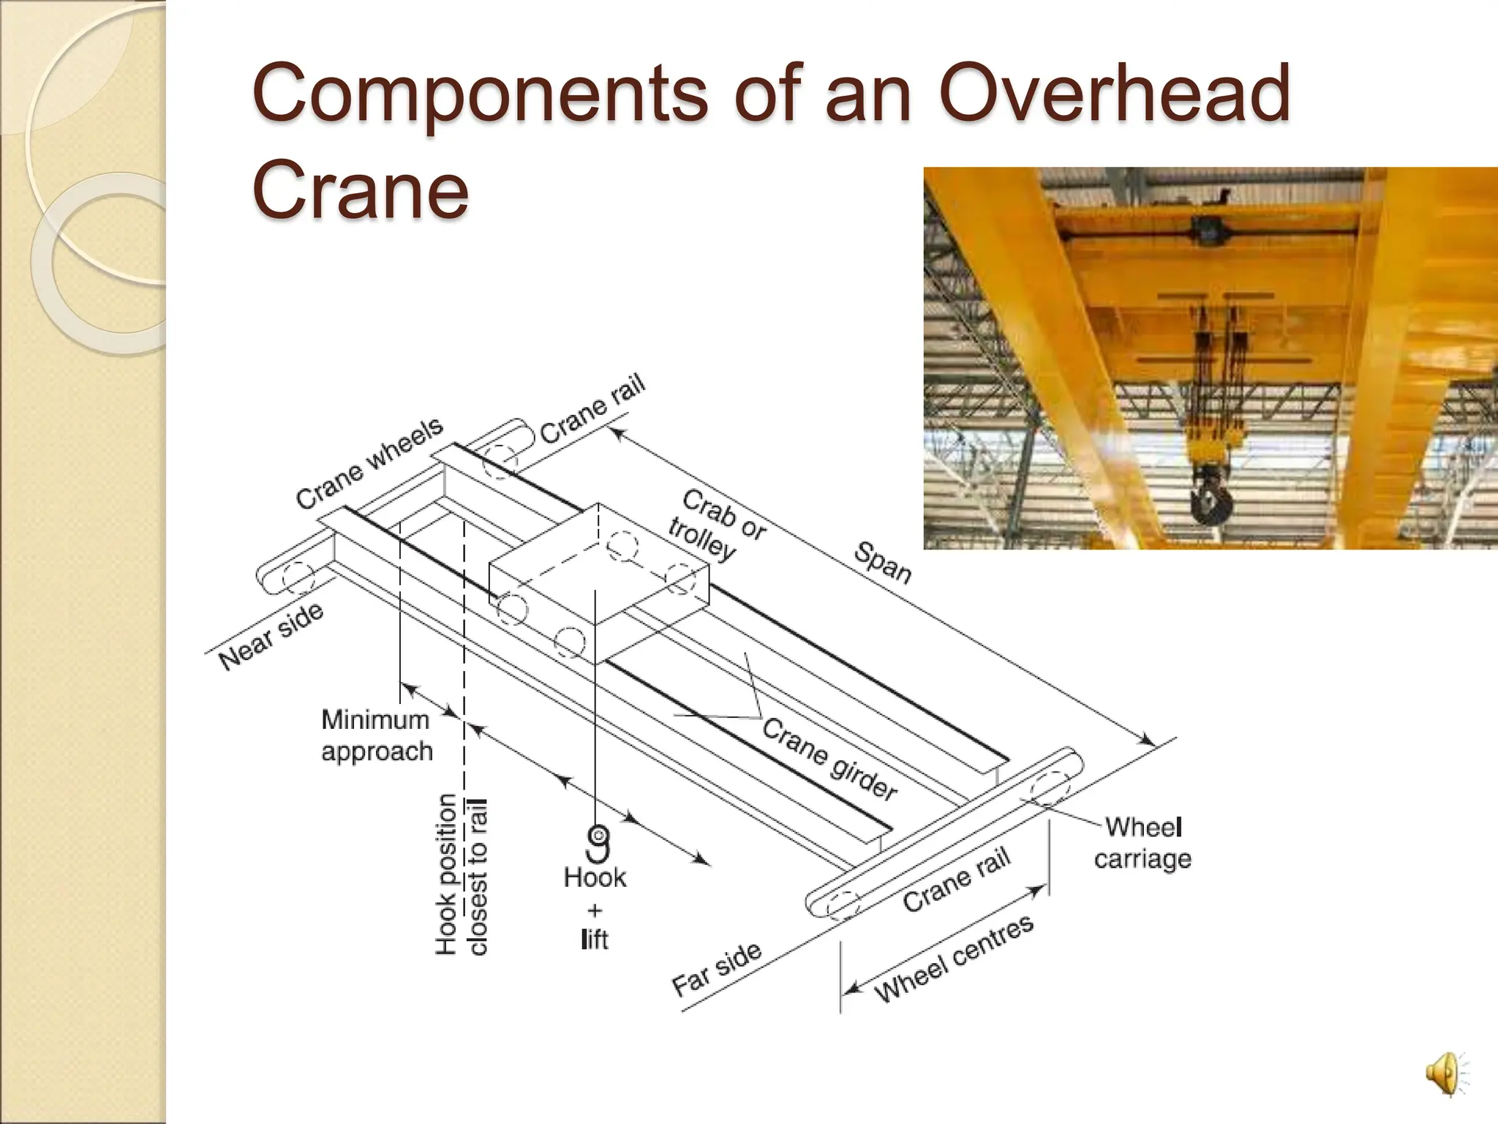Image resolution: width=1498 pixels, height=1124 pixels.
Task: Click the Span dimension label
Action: tap(883, 563)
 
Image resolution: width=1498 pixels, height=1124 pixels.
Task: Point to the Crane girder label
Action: tap(829, 758)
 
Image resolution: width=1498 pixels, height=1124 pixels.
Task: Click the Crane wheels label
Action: tap(369, 462)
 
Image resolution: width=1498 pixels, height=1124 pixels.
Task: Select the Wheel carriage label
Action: tap(1143, 842)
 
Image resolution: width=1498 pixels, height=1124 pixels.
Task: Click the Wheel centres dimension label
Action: tap(955, 958)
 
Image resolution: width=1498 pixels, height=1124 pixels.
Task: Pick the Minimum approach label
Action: tap(377, 735)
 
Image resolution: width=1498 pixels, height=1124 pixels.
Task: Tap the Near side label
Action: tap(271, 637)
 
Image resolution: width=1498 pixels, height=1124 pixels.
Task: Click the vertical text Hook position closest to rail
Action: tap(461, 874)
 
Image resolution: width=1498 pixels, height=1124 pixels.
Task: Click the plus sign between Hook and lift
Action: tap(595, 910)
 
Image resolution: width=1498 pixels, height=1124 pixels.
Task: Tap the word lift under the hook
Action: tap(594, 939)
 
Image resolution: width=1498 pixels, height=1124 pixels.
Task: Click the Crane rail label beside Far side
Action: tap(956, 880)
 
